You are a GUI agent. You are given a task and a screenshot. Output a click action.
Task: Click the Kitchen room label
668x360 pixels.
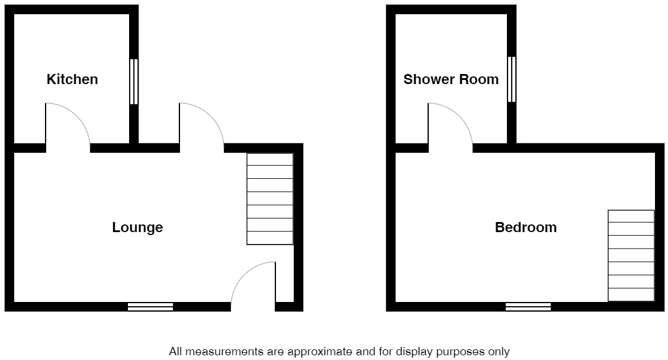[72, 79]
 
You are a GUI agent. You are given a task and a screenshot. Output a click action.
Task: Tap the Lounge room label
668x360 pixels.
[137, 227]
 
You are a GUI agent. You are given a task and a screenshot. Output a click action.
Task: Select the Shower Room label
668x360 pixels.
[451, 79]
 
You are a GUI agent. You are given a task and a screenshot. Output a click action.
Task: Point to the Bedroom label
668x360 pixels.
[526, 227]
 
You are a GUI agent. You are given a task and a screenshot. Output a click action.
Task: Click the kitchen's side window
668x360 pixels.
[134, 82]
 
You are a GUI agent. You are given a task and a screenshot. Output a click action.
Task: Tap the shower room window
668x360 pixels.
[512, 79]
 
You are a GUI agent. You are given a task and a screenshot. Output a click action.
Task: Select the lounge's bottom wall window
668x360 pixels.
[150, 306]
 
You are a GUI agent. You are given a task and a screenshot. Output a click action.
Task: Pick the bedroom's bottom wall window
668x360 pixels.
[528, 306]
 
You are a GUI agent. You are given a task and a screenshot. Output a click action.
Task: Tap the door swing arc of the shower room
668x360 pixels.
[451, 124]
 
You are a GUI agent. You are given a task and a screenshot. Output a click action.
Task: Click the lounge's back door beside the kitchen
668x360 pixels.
[202, 124]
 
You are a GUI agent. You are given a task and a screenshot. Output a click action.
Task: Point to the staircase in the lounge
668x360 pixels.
[270, 199]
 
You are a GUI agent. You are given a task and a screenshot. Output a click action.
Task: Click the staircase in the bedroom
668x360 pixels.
[631, 256]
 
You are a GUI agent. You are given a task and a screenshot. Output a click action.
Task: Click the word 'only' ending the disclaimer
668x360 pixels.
[499, 352]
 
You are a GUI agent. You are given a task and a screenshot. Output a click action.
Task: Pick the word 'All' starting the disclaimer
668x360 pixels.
[175, 352]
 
